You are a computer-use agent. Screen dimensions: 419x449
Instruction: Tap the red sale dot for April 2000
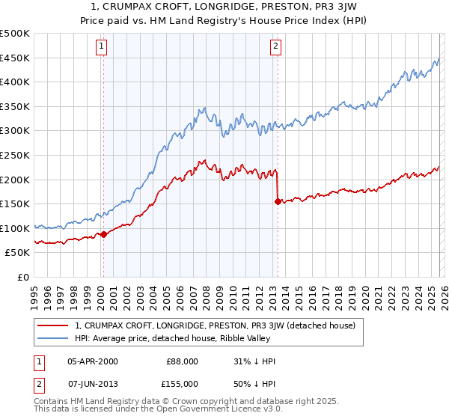pyautogui.click(x=103, y=234)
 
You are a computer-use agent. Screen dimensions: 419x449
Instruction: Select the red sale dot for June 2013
pyautogui.click(x=278, y=201)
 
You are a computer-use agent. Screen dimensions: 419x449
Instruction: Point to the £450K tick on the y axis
pyautogui.click(x=16, y=58)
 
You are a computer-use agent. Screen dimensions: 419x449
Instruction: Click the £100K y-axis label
pyautogui.click(x=16, y=228)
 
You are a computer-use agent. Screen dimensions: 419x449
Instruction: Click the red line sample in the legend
pyautogui.click(x=53, y=325)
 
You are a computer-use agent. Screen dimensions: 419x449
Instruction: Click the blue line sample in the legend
pyautogui.click(x=53, y=338)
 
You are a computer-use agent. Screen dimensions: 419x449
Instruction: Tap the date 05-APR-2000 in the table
pyautogui.click(x=92, y=361)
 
